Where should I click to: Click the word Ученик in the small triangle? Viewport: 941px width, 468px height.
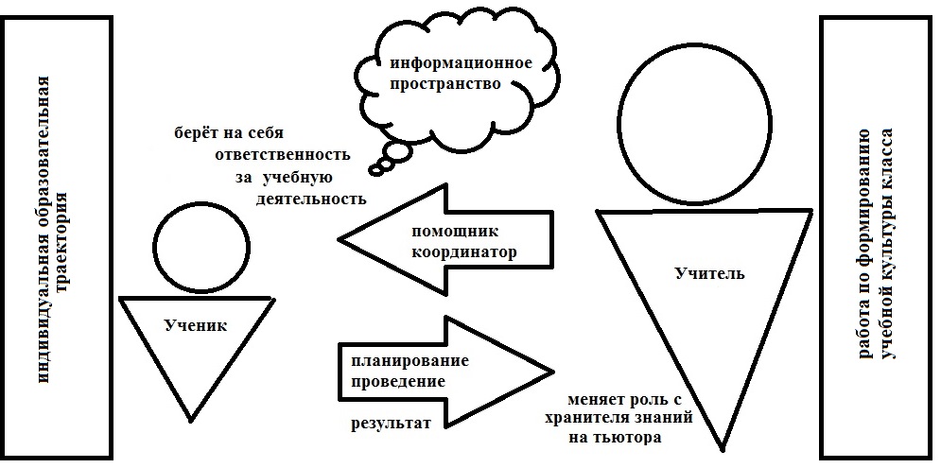click(196, 325)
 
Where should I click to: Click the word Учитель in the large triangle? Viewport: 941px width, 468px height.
click(709, 274)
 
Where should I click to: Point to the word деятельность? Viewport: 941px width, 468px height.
click(311, 199)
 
